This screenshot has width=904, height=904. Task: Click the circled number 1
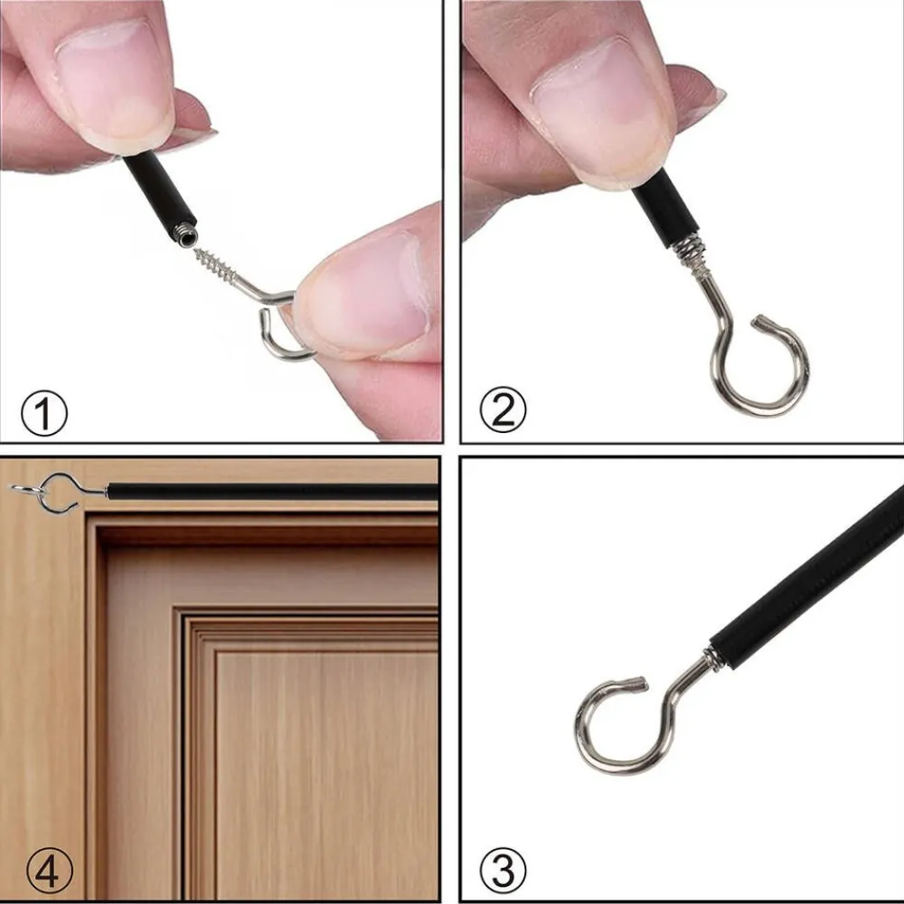[x=43, y=413]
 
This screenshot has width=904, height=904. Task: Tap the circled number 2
[x=503, y=410]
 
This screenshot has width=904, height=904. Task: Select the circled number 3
[x=503, y=869]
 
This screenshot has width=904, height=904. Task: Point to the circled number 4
[x=50, y=871]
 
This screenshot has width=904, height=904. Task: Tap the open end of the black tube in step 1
[x=187, y=235]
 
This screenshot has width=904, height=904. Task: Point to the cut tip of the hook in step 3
[x=641, y=683]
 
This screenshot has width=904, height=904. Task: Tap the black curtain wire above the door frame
[x=272, y=493]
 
